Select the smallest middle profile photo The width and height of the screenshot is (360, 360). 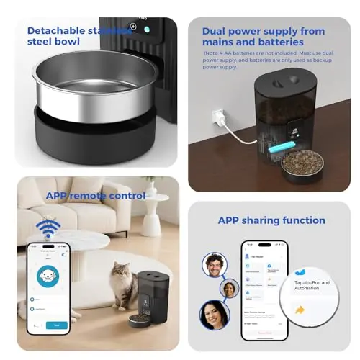pyautogui.click(x=229, y=289)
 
